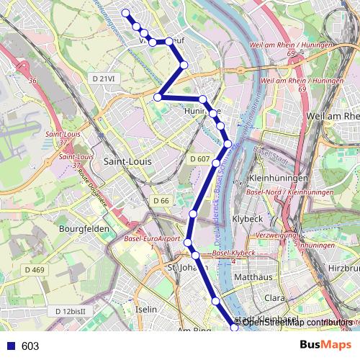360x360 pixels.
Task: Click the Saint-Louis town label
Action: coord(128,161)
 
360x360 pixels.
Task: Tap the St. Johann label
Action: coord(181,268)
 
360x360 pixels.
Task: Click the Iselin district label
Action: coord(146,309)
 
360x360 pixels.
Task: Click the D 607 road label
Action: coord(200,158)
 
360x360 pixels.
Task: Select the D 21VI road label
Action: coord(104,77)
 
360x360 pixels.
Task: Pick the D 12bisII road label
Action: coord(71,310)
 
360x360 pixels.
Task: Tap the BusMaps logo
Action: coord(323,346)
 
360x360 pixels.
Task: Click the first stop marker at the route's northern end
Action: coord(126,13)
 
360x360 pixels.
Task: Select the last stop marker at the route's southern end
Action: coord(233,328)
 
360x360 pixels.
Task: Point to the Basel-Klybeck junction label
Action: coord(234,255)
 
